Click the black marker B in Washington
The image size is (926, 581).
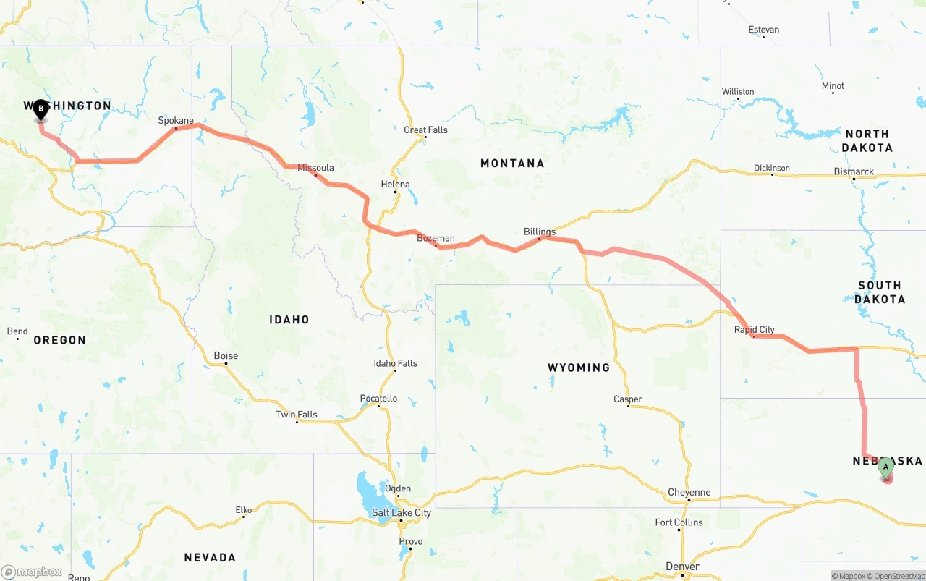click(41, 110)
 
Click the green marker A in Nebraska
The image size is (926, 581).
click(885, 467)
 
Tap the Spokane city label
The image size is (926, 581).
click(176, 121)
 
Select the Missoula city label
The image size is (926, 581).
click(315, 168)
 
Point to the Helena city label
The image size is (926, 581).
click(395, 185)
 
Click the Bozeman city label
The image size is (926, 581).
click(436, 238)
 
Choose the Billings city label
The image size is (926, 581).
click(540, 232)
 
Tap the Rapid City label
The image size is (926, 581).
click(754, 330)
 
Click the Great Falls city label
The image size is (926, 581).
click(425, 130)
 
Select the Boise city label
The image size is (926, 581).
click(226, 356)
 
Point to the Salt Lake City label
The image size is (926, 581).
click(402, 513)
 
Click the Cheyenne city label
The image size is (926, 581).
click(689, 493)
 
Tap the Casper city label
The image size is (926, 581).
click(627, 399)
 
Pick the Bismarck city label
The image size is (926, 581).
click(854, 172)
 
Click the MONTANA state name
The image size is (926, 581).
click(512, 164)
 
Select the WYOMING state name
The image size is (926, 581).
click(579, 368)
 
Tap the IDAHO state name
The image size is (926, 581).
click(289, 320)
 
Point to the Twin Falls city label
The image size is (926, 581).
click(297, 415)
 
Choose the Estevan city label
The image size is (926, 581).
click(764, 30)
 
